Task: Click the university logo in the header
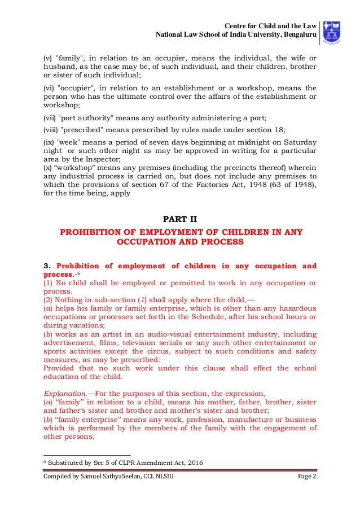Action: (x=338, y=33)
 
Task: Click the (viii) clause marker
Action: (x=52, y=128)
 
